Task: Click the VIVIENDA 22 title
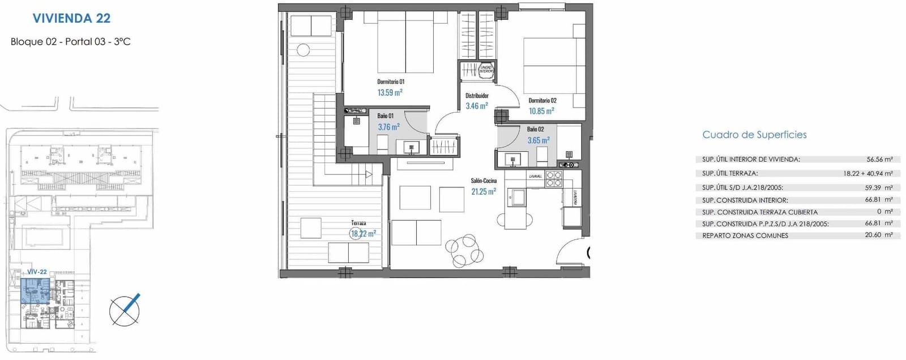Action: click(x=71, y=18)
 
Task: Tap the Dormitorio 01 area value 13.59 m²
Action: click(x=390, y=92)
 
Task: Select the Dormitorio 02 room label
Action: click(x=542, y=101)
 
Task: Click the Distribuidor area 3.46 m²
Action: click(x=476, y=106)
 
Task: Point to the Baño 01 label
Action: click(x=386, y=116)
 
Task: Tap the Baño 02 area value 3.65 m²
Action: click(x=538, y=140)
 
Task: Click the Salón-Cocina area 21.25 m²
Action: click(x=483, y=192)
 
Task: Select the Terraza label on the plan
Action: click(x=358, y=223)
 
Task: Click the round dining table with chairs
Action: click(x=464, y=250)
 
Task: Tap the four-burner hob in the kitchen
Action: click(x=554, y=179)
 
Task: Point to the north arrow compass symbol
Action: click(x=125, y=310)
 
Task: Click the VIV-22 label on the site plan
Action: click(x=37, y=272)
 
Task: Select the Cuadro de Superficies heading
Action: click(x=754, y=135)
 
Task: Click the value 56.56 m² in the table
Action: click(x=879, y=160)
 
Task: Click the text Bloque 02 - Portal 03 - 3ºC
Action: click(x=71, y=42)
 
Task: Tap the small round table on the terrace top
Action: click(x=304, y=50)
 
